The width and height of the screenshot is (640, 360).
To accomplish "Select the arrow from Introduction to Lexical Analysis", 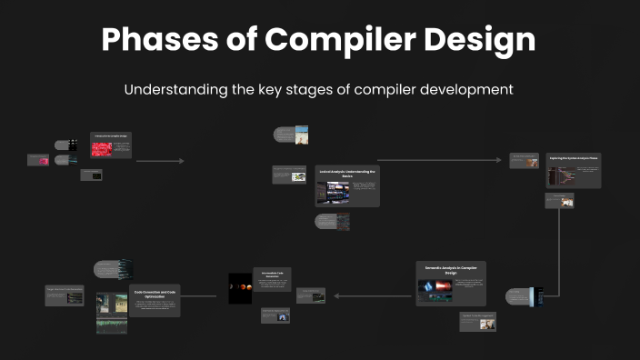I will click(x=160, y=161).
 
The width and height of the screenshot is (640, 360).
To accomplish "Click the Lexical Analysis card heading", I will click(x=346, y=173).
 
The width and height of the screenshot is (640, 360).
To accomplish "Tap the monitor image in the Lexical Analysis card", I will click(x=332, y=192).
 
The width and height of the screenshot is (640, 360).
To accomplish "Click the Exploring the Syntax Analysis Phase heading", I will click(x=574, y=157).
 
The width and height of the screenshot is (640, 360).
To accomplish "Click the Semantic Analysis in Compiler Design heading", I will click(x=451, y=269).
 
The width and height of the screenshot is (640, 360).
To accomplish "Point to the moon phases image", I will click(x=240, y=286).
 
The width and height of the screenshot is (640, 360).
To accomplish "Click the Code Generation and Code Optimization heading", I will click(x=156, y=294).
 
